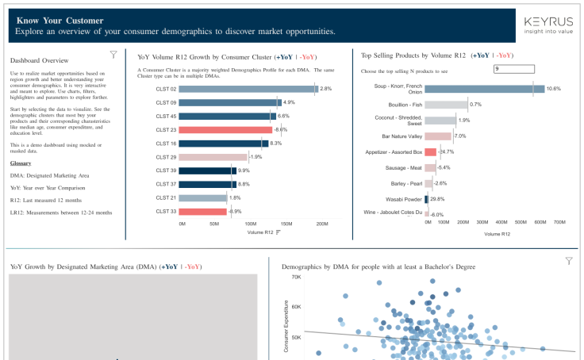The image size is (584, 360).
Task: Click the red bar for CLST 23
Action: (226, 129)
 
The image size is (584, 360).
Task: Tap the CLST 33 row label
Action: (166, 211)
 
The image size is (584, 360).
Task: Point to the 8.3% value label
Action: (276, 144)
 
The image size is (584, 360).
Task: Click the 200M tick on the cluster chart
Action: (322, 224)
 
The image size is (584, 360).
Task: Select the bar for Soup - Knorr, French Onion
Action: (484, 89)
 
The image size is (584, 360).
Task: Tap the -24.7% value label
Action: (446, 151)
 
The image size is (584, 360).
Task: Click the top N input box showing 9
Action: (513, 69)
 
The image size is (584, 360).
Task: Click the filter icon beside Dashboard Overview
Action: (113, 55)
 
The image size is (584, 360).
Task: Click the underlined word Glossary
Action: (21, 163)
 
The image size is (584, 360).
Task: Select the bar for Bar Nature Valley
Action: (438, 136)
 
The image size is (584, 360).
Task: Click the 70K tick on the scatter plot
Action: (296, 278)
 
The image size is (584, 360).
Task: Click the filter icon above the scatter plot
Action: (568, 261)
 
